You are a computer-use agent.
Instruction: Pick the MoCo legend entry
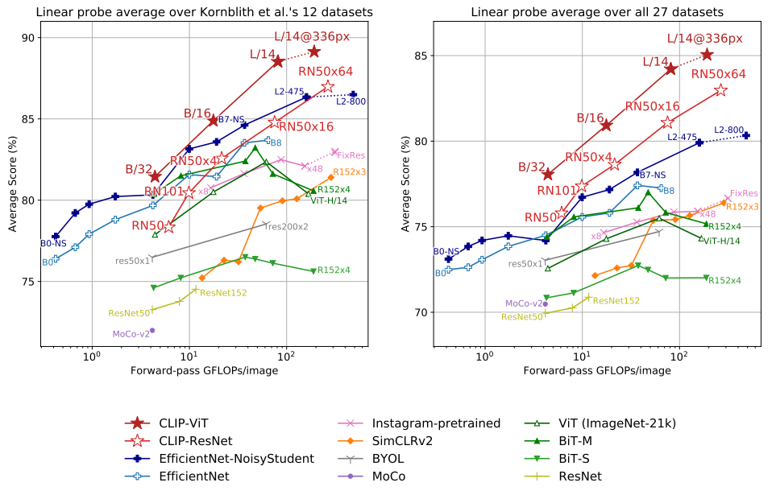pos(389,477)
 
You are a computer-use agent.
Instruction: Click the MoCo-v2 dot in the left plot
pos(151,330)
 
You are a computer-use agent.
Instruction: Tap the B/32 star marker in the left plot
pos(156,176)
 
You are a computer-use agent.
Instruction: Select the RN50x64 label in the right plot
pos(718,74)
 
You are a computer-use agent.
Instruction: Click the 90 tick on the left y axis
pos(27,38)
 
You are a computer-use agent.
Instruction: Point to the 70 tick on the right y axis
pos(421,312)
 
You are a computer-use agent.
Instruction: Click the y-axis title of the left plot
pos(12,184)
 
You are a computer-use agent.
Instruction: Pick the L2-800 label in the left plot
pos(351,101)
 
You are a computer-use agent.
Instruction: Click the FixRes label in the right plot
pos(744,194)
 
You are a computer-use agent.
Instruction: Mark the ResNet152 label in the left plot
pos(223,293)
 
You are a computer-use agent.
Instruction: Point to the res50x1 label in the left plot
pos(133,261)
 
